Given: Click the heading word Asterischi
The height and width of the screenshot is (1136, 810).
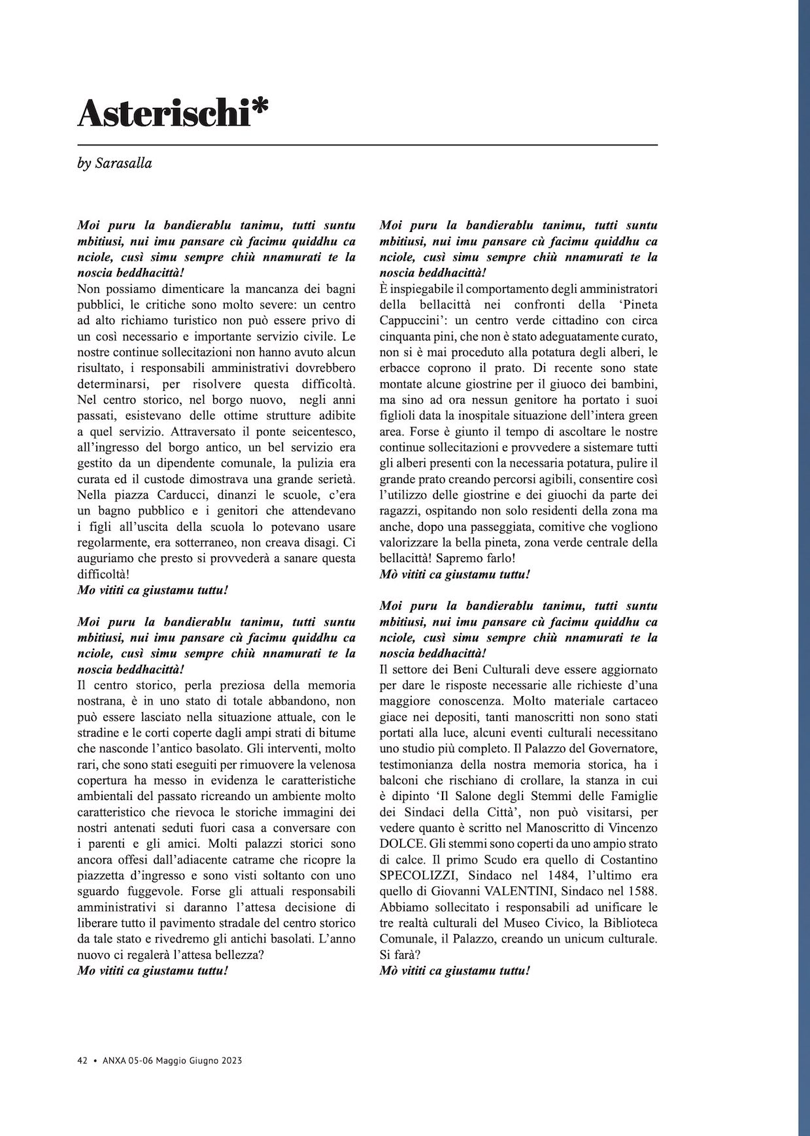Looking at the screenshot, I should pos(164,114).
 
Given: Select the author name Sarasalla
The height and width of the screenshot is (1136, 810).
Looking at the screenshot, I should pos(124,163).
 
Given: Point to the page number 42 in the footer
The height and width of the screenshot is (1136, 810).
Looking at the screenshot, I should pos(82,1061).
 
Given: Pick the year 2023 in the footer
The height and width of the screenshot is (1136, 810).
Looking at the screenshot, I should pos(229,1061).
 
